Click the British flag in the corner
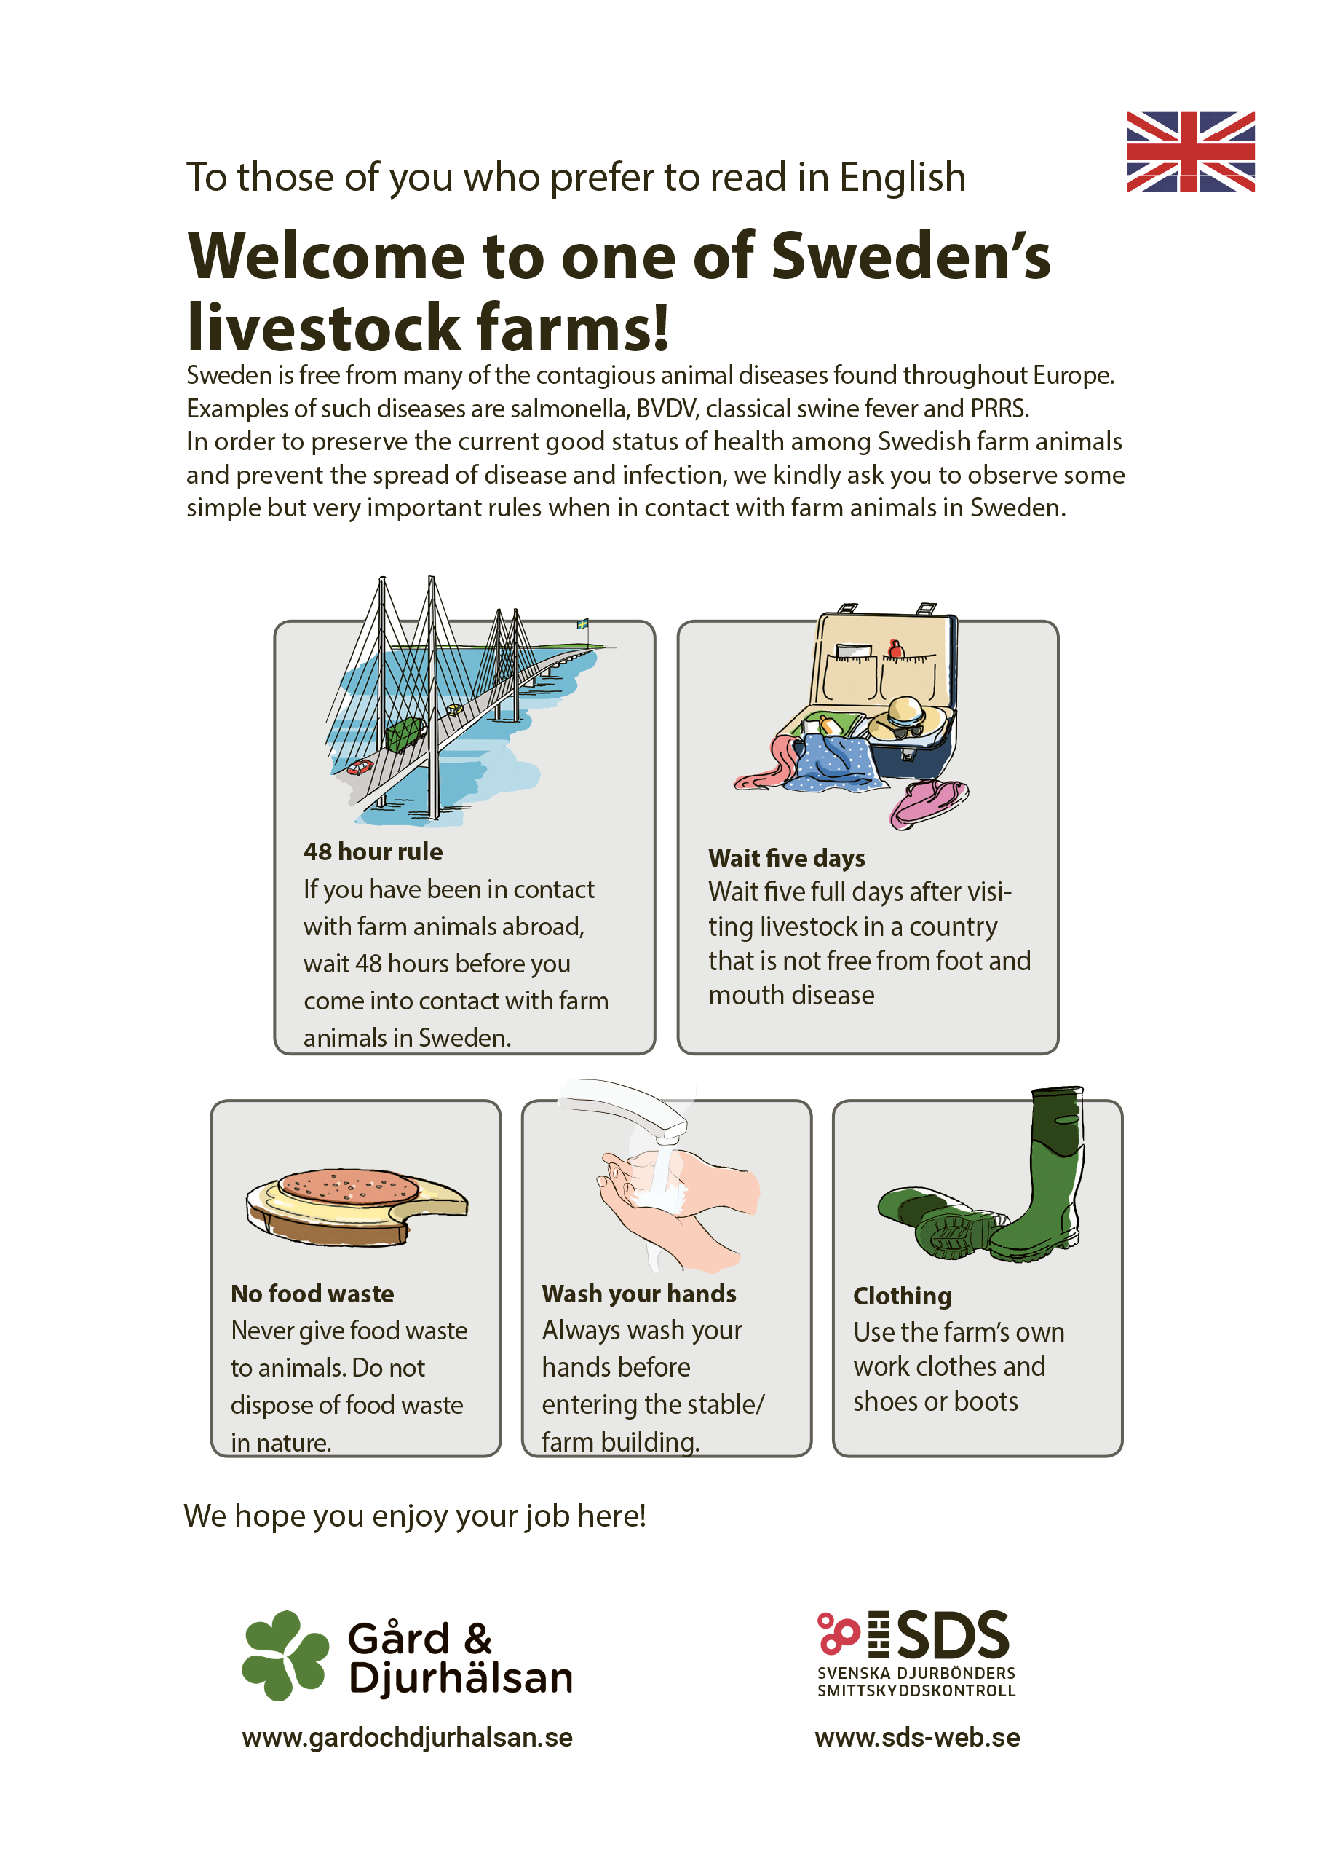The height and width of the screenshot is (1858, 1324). [1190, 151]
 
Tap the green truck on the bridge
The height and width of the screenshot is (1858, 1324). [405, 733]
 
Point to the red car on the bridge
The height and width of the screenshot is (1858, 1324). [360, 766]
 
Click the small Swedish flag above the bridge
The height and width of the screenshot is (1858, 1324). [583, 624]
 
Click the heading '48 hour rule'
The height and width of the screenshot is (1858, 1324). [373, 851]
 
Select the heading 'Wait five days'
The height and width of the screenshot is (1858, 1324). [787, 858]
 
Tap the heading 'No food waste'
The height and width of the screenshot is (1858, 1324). [312, 1294]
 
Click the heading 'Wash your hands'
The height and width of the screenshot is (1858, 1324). [639, 1294]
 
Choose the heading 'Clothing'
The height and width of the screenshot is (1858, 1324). [903, 1296]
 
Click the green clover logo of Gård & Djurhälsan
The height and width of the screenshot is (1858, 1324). [285, 1656]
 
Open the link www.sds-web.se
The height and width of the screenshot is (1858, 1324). [917, 1737]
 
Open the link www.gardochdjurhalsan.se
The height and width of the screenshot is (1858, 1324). [408, 1738]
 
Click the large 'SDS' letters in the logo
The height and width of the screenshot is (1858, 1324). [954, 1635]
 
